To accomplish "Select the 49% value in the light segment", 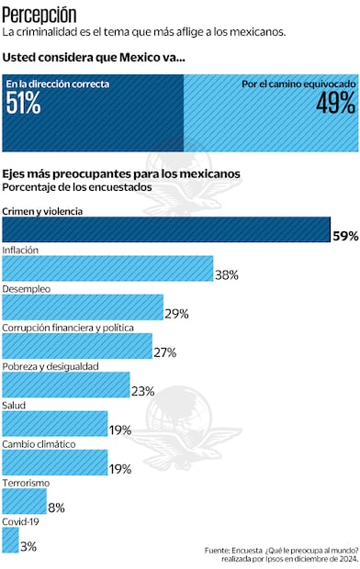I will (x=335, y=104).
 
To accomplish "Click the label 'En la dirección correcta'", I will (x=58, y=84).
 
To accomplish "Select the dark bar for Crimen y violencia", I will (x=165, y=229).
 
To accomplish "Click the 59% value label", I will (x=345, y=236).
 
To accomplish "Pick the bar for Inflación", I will (x=107, y=268).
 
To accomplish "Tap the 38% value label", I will (x=227, y=274).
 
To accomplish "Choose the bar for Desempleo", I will (x=83, y=307).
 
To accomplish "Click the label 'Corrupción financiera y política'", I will (x=69, y=327).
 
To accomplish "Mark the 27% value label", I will (x=165, y=352).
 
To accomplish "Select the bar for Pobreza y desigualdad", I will (x=66, y=385).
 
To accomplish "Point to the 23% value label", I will (x=143, y=391).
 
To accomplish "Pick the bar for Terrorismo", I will (x=25, y=500).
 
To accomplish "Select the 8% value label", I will (x=56, y=507).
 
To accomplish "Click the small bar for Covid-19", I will (x=10, y=540).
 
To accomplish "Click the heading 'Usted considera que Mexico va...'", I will (x=93, y=57).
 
